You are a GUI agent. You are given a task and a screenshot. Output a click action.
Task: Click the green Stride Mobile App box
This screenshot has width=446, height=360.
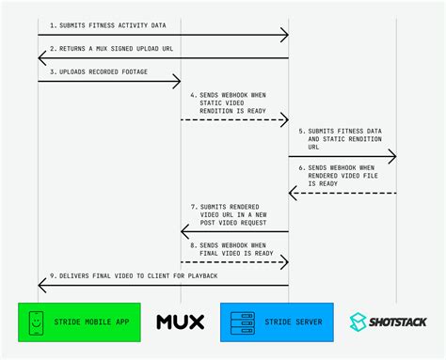point(81,322)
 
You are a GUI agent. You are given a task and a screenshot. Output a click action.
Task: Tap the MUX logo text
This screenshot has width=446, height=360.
point(180,322)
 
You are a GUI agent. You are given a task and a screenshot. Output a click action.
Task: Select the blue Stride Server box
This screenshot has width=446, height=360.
point(278,322)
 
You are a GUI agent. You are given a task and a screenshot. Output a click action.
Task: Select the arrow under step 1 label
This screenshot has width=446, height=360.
point(163,35)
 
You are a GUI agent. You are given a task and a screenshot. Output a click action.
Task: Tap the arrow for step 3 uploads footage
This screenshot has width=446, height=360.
point(109,83)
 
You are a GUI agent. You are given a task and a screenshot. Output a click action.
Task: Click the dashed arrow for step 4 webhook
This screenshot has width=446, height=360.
point(234,120)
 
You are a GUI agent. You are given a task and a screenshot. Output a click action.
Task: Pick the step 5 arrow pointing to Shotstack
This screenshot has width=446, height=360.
point(342,156)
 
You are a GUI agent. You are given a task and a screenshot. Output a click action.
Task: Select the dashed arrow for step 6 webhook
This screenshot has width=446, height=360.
point(342,193)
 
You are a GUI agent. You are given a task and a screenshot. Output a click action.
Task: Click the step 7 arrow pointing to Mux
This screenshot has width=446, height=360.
point(234,230)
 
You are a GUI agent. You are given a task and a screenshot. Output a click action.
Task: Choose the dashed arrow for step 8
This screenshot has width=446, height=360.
point(234,261)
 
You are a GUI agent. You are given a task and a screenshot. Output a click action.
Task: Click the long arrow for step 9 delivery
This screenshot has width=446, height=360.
point(163,285)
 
